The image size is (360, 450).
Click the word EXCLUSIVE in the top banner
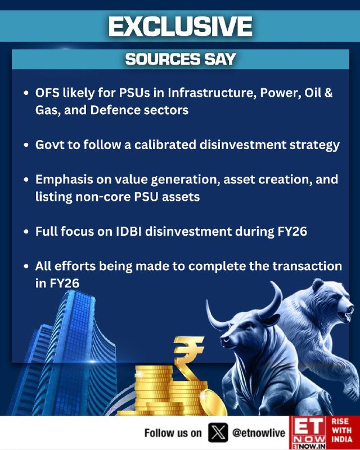[181, 26]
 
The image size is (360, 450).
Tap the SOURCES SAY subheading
[181, 59]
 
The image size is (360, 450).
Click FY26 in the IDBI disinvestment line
[292, 231]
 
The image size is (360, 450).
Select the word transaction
[307, 266]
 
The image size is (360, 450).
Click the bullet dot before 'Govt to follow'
[26, 145]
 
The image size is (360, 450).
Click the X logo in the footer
[218, 433]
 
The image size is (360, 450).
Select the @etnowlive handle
[259, 433]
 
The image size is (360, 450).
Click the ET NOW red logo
[308, 433]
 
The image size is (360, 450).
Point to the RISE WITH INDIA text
[341, 430]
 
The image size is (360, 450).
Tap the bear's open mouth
[346, 315]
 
